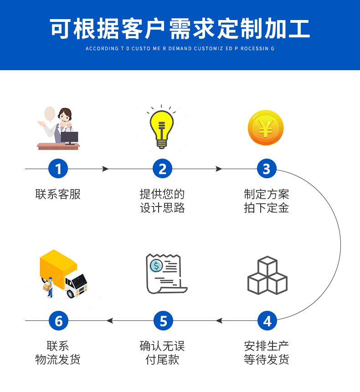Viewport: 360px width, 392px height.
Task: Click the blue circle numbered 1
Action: pos(58,169)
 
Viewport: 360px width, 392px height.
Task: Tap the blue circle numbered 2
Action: pos(162,169)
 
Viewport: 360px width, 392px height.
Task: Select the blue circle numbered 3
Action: pos(267,169)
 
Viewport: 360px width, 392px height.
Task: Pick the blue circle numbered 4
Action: pos(267,321)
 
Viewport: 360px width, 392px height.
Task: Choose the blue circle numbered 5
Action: pos(163,321)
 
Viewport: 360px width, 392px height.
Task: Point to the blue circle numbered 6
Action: pos(58,321)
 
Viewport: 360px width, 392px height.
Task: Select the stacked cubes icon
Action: pos(267,276)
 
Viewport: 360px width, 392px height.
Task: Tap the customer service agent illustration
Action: pos(59,128)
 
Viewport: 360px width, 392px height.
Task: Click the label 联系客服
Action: pos(58,194)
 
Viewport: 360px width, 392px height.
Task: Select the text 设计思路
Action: pos(162,208)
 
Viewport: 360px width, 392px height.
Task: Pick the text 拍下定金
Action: pos(266,208)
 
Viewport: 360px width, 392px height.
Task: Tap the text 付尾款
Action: pos(162,360)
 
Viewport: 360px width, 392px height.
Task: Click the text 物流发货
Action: pos(58,360)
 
